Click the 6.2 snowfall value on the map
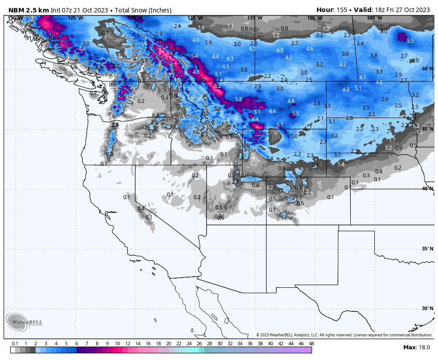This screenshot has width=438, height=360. point(218,86)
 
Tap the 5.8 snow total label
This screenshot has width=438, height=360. point(239,99)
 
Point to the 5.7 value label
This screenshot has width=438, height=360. point(280,125)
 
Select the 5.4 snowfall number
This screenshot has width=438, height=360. point(194,56)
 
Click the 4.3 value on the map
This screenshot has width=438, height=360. point(230,59)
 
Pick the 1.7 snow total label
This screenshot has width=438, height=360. point(392,140)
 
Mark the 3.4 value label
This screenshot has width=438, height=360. point(360,43)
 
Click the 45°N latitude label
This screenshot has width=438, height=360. point(427,129)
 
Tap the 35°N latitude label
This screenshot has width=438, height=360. point(427,249)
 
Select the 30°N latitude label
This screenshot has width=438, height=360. point(427,308)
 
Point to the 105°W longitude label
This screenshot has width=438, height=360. point(314,18)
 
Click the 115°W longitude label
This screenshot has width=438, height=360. point(195,18)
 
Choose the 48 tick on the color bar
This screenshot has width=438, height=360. point(311,344)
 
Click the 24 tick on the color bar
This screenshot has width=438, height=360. point(189,344)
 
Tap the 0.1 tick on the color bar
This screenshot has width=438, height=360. point(15,344)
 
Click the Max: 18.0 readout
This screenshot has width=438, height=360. point(417,348)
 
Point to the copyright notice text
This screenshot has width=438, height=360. point(344,335)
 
